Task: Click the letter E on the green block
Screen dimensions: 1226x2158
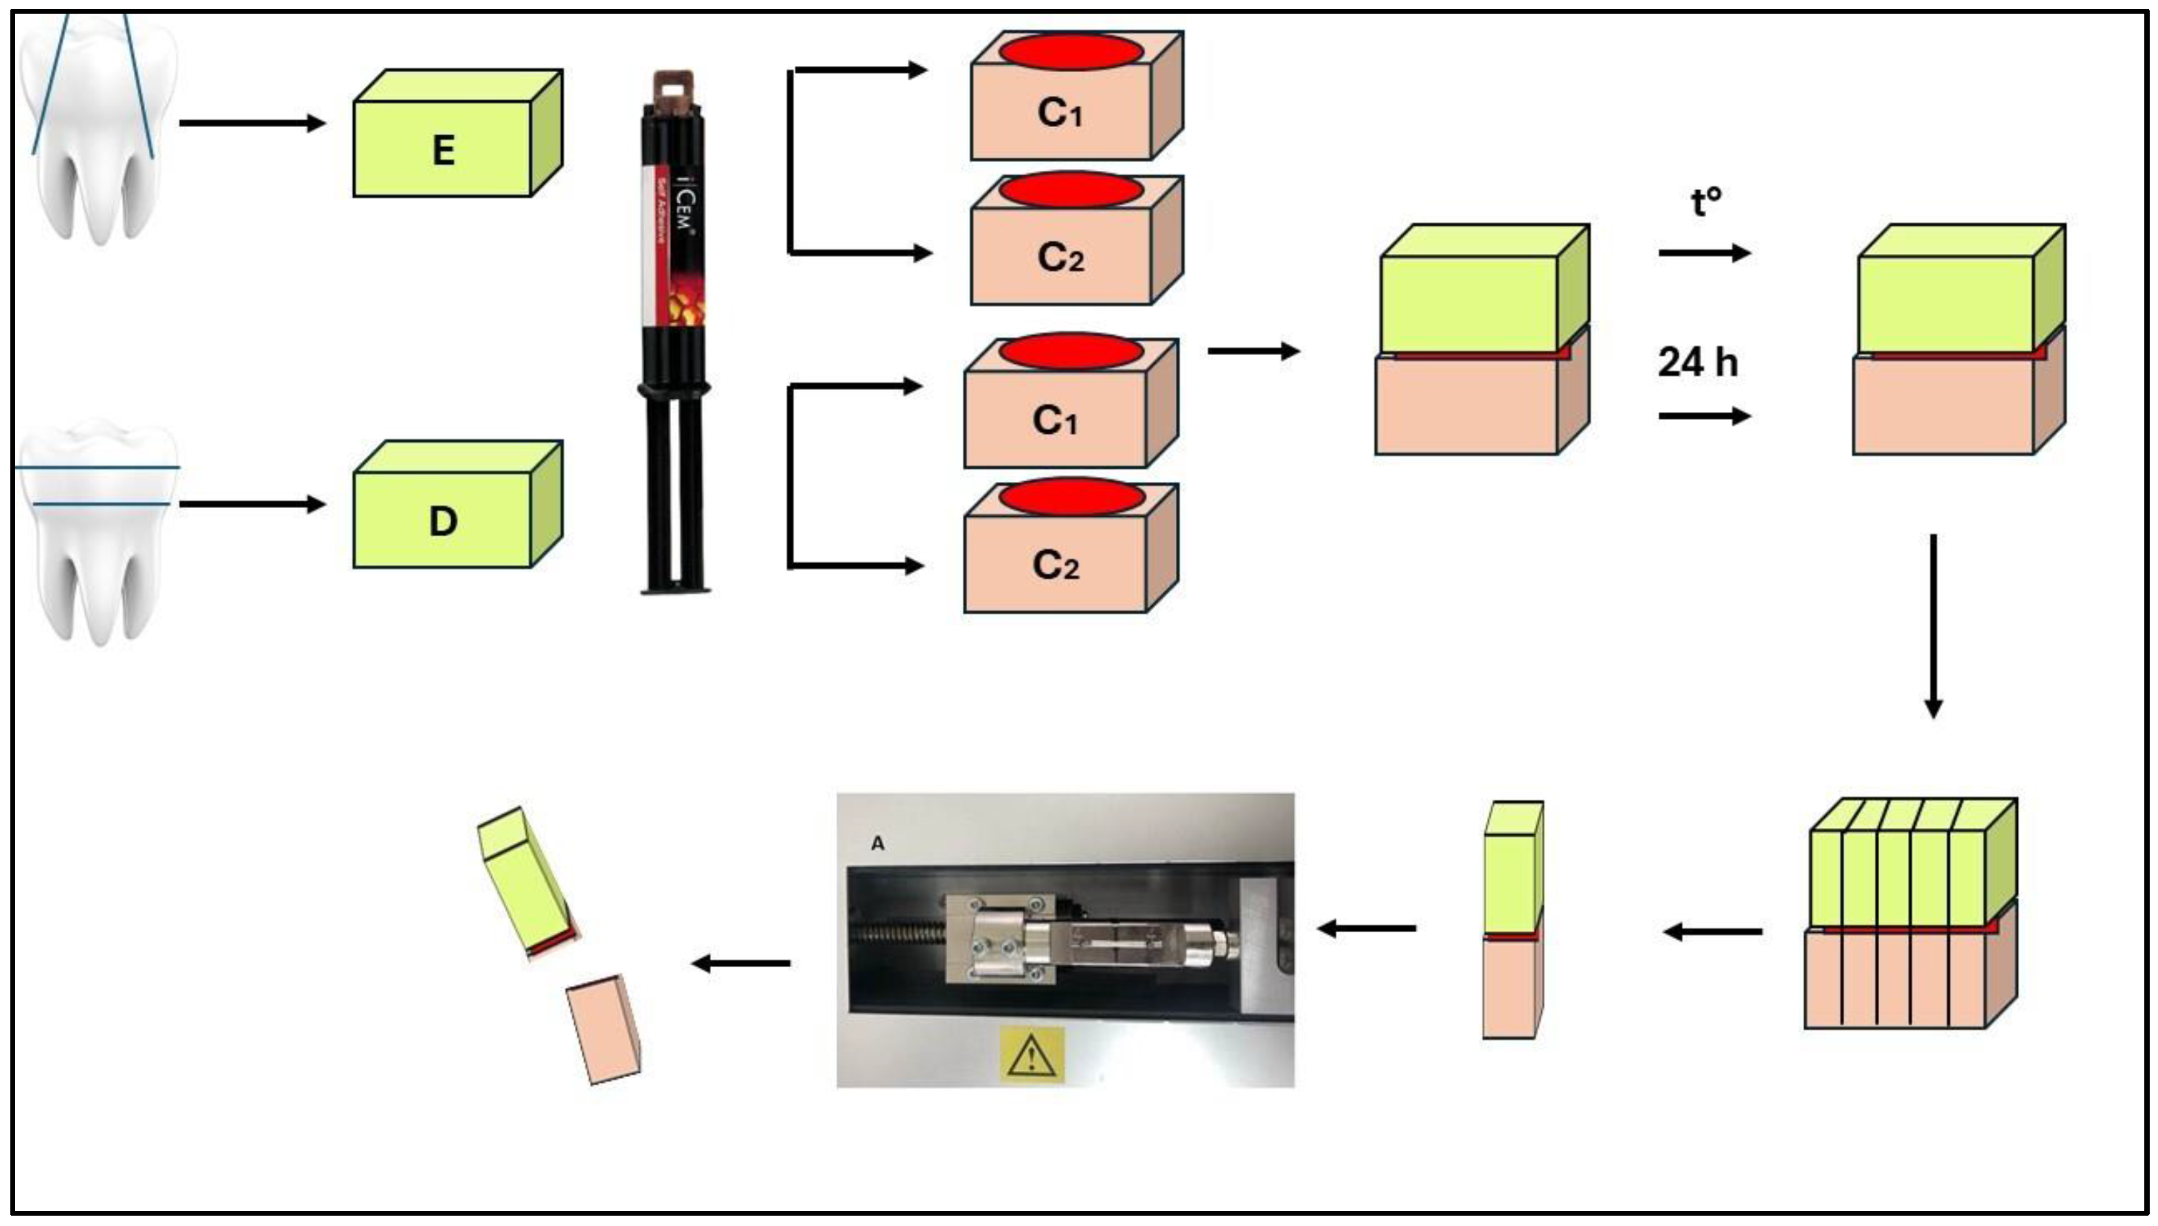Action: [x=443, y=151]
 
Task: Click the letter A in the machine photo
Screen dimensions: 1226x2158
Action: [x=878, y=843]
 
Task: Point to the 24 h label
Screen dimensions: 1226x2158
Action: [x=1697, y=362]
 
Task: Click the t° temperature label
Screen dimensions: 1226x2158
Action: [x=1705, y=202]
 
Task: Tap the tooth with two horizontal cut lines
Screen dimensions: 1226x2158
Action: [x=97, y=531]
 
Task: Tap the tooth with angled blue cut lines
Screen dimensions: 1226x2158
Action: [x=97, y=126]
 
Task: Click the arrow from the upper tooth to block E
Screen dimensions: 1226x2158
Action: [x=252, y=124]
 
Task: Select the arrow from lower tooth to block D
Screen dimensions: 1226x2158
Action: [x=252, y=505]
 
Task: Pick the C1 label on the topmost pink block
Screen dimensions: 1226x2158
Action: [x=1059, y=113]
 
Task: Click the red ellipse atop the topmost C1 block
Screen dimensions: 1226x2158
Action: [x=1071, y=51]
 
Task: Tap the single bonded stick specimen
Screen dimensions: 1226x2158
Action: [x=1513, y=920]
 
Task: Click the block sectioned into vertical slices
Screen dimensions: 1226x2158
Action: [x=1909, y=914]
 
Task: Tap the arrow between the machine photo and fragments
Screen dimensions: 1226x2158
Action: [x=740, y=963]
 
